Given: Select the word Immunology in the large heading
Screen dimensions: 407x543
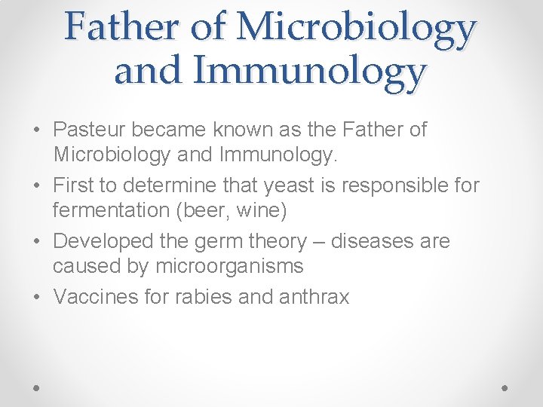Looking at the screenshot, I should click(x=309, y=72).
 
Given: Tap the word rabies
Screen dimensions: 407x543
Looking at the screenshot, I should click(x=202, y=297).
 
